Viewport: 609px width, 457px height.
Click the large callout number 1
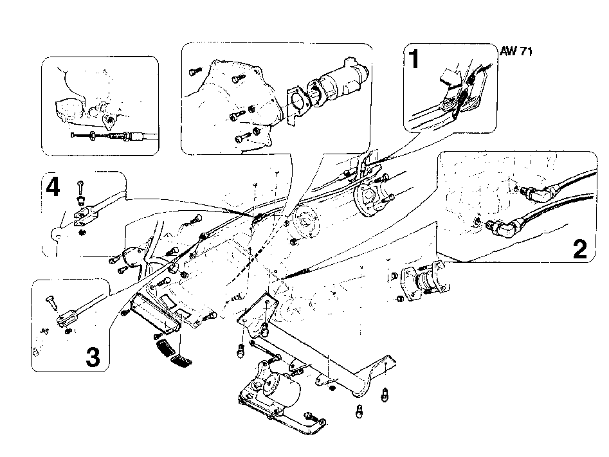415,58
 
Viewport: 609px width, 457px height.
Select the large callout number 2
580,249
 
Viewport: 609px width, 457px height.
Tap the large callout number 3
93,357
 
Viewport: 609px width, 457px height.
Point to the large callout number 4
53,188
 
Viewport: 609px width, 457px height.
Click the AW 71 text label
516,51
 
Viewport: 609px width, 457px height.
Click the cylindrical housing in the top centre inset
343,80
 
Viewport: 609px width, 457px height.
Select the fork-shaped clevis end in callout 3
67,317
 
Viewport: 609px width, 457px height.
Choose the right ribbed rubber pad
181,361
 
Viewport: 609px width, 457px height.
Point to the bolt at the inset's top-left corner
195,71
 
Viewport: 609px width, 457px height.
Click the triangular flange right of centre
368,198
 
